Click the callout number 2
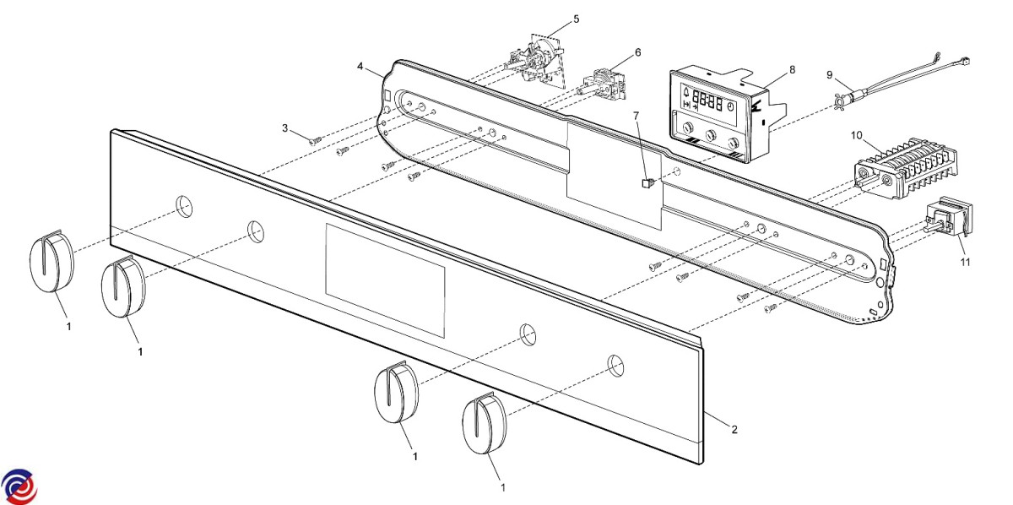point(734,430)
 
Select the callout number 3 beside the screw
point(285,128)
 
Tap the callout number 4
point(360,65)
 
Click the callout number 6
point(637,52)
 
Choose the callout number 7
point(637,114)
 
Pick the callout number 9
point(830,73)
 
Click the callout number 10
point(856,134)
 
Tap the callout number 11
point(965,263)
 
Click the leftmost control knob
point(51,263)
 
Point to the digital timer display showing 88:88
point(706,103)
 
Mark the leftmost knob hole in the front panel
point(184,205)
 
